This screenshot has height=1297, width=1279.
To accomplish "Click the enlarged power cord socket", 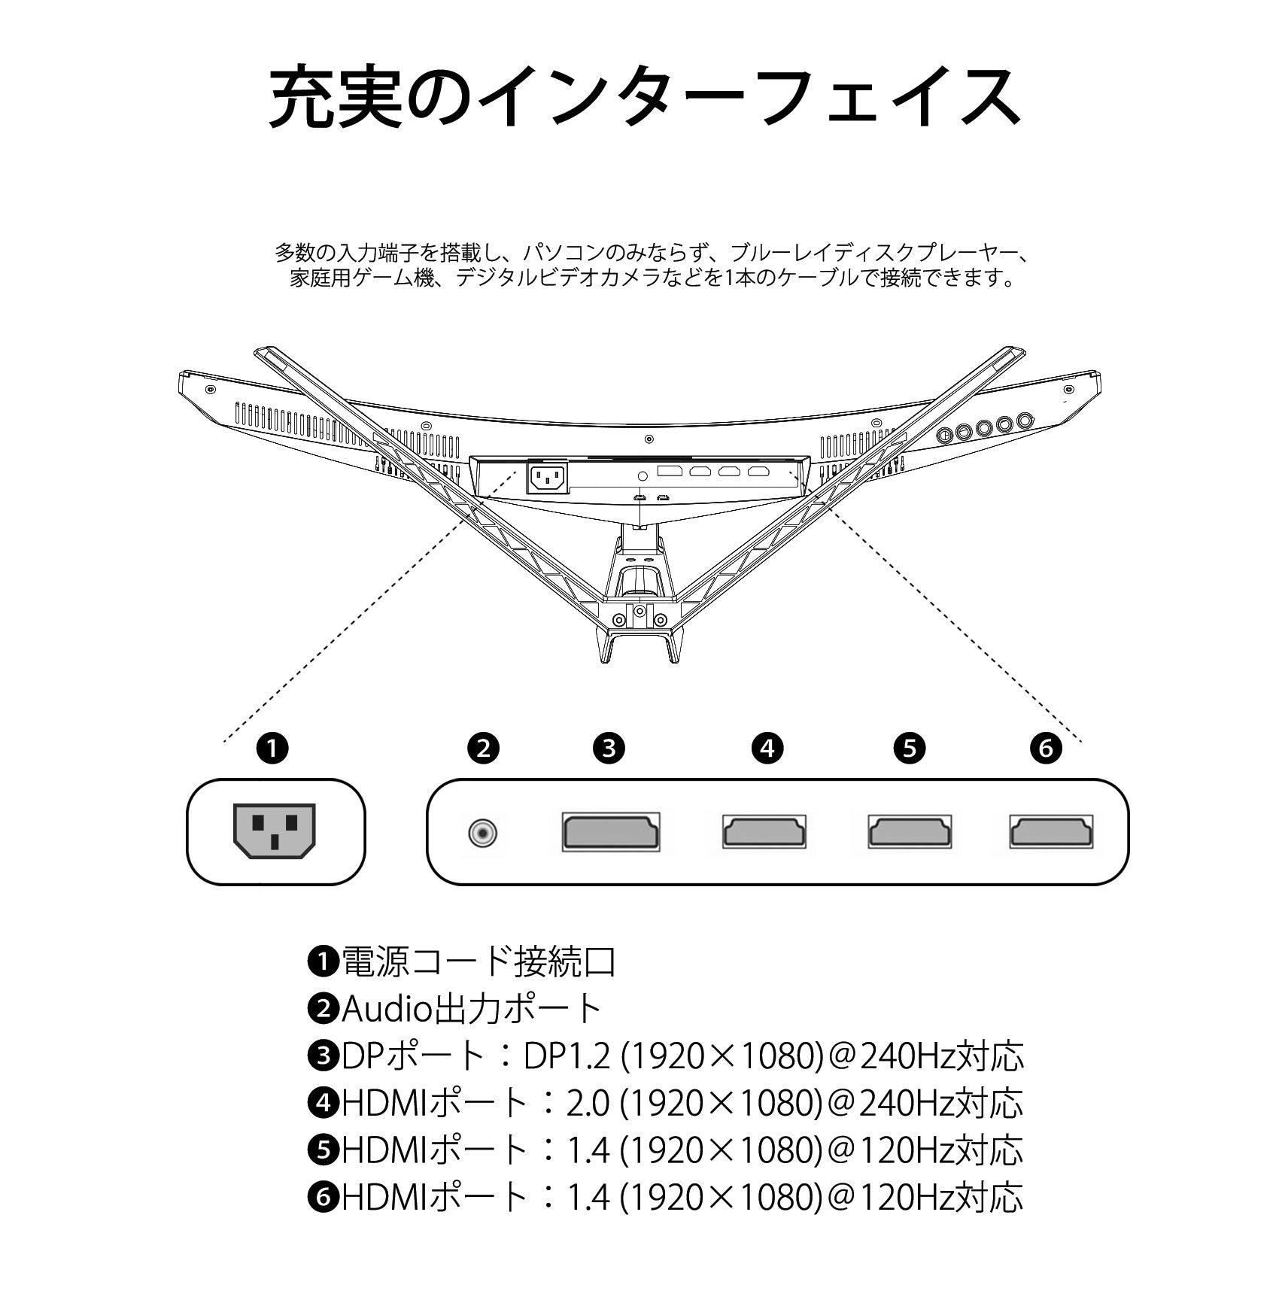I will point(275,831).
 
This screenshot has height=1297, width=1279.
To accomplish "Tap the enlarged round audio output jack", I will point(482,833).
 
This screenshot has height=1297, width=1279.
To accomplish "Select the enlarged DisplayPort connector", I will point(611,832).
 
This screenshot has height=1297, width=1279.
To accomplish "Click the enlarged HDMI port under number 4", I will point(764,832).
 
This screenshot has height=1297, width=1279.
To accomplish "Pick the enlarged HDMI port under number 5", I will point(910,832).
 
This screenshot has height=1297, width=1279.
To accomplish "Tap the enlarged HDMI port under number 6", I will point(1051,832).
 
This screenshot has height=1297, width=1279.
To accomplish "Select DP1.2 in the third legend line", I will point(569,1056).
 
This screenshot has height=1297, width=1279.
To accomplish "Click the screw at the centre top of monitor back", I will point(649,439).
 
